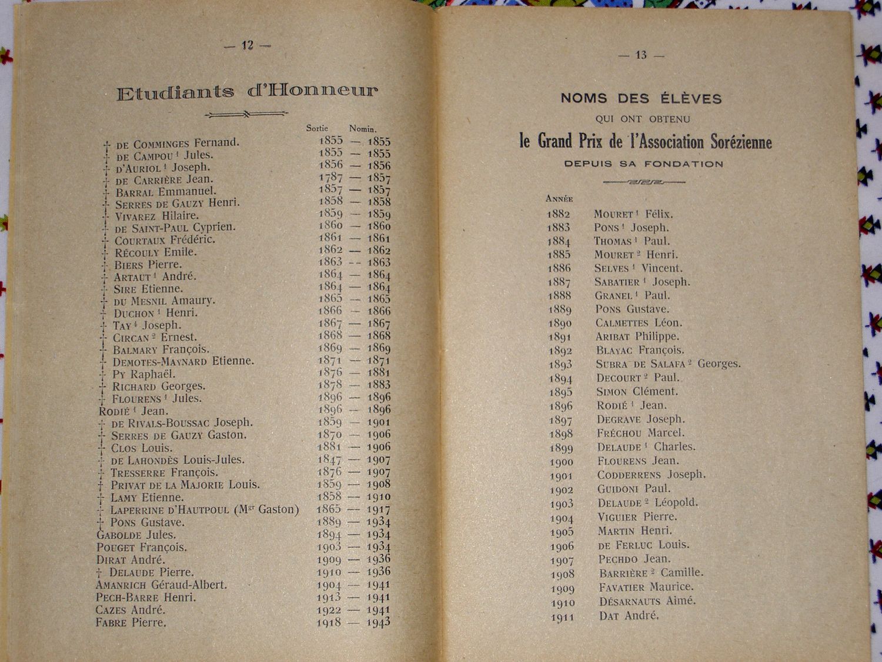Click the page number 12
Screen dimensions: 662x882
(248, 45)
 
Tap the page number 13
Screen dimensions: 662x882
(641, 55)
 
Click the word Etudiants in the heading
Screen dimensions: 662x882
(175, 92)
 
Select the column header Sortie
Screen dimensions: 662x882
(317, 128)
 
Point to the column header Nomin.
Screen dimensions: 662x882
(362, 129)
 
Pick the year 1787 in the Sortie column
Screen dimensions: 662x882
(330, 177)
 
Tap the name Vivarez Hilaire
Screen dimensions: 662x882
(156, 216)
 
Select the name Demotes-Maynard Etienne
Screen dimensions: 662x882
(183, 361)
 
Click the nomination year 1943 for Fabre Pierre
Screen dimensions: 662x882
(379, 622)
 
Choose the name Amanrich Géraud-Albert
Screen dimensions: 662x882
(161, 586)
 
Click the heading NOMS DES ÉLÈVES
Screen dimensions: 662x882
(641, 98)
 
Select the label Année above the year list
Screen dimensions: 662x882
(559, 199)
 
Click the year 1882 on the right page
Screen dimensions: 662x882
(559, 214)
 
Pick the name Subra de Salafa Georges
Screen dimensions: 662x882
(668, 364)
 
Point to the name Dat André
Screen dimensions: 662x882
(629, 616)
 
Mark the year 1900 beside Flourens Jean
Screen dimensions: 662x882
(561, 462)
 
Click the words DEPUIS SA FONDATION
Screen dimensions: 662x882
(644, 164)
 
